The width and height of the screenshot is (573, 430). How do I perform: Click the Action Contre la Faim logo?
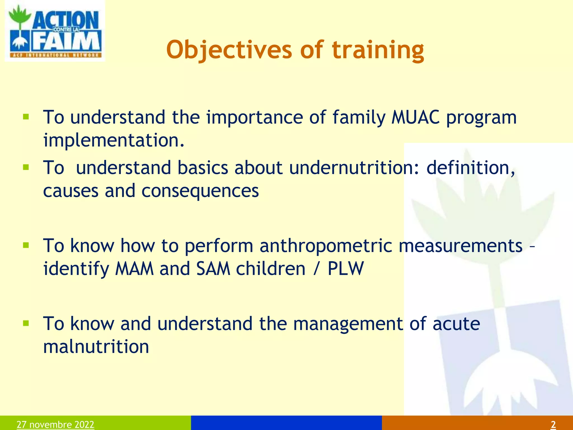coord(55,31)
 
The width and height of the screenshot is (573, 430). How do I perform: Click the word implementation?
coord(114,140)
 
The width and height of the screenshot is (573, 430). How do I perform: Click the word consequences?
coord(200,191)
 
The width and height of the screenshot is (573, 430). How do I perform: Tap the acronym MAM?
coord(134,269)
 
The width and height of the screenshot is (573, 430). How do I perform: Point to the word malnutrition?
coord(96,347)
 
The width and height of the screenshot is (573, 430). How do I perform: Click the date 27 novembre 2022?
coord(55,424)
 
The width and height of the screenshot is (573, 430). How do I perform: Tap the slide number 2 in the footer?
coord(553,424)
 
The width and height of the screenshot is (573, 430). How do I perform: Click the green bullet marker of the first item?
coord(26,117)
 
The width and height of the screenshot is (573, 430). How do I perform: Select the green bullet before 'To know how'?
coord(26,246)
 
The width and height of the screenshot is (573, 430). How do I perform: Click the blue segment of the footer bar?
coord(286,423)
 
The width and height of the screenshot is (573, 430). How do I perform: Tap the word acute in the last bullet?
coord(456,324)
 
